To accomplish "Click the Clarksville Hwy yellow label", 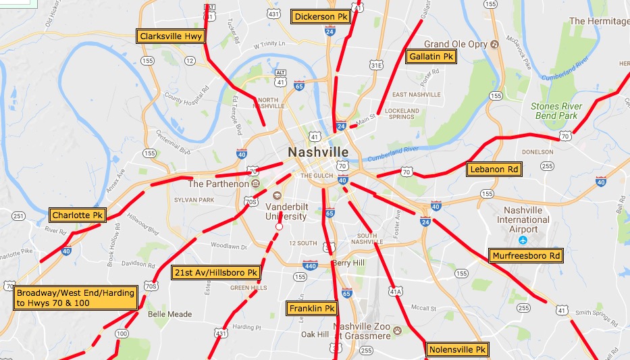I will (170, 36).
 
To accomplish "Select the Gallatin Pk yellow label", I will (431, 57).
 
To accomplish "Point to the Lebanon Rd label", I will (496, 170).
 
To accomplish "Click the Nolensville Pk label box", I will (457, 350).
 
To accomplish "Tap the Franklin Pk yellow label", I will (312, 309).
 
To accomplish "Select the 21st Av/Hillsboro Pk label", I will (215, 273).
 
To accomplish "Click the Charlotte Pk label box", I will (78, 215).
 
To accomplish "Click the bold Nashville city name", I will (318, 152).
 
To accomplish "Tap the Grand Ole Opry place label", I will (456, 45).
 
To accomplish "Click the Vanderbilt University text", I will (286, 211).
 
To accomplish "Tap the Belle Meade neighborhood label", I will (169, 314).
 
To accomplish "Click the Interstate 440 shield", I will (310, 265).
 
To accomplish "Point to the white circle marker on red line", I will (278, 227).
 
